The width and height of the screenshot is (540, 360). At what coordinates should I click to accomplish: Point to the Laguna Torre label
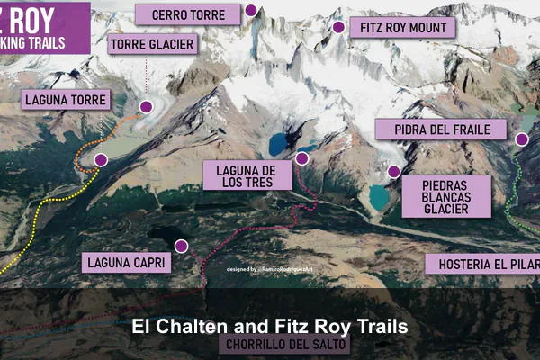(66, 100)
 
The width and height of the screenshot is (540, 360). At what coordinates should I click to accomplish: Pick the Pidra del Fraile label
(443, 130)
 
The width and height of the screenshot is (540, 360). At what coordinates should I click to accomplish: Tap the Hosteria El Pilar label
(483, 264)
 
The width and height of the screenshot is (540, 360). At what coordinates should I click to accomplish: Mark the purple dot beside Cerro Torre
(251, 12)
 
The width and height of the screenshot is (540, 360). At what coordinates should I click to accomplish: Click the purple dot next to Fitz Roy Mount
(339, 27)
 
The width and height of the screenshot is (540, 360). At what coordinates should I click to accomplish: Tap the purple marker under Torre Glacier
(145, 106)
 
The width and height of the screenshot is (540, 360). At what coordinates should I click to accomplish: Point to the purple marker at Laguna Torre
(101, 160)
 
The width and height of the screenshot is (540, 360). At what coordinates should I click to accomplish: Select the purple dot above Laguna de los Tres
(302, 158)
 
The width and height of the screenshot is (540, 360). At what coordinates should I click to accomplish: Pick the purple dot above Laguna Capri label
(181, 246)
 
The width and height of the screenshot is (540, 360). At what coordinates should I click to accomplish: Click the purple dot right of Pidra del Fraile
(521, 139)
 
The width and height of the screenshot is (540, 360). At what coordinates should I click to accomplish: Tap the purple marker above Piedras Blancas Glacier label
(392, 172)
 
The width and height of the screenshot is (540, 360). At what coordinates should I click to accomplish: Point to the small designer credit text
(270, 269)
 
